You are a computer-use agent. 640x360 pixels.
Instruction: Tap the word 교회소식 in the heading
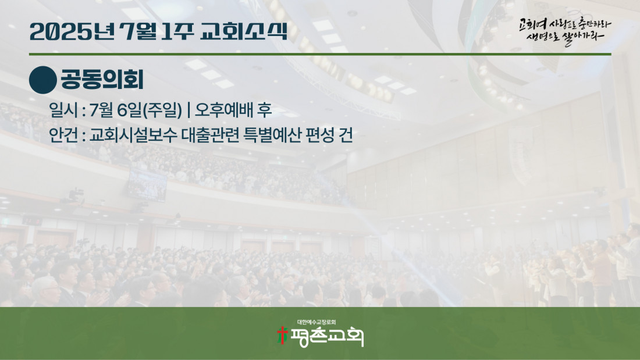coord(244,31)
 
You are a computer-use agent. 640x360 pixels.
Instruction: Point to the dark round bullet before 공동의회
coord(43,80)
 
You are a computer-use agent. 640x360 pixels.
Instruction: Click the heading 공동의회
coord(102,80)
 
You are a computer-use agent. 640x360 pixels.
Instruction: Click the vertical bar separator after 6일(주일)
coord(188,110)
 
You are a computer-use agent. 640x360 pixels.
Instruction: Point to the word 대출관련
coord(210,135)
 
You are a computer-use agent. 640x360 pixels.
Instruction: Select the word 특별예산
coord(272,135)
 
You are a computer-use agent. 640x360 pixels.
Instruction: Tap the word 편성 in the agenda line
coord(321,135)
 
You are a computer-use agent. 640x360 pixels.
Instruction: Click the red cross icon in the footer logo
coord(282,336)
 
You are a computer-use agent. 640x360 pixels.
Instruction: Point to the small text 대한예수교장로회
coord(317,322)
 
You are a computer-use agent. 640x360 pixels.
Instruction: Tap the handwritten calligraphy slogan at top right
coord(565,31)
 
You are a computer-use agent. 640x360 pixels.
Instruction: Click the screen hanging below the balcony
coord(147,185)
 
